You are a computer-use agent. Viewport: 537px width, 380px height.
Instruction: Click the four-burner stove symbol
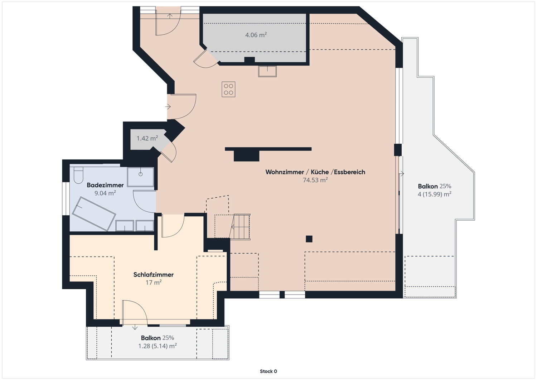[228, 90]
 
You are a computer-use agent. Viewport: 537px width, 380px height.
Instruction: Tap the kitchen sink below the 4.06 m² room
[267, 71]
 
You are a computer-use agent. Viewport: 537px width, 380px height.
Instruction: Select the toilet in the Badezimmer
[78, 175]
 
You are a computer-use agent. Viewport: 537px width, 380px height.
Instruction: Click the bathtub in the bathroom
[94, 214]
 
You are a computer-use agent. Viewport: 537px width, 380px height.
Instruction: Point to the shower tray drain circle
[141, 174]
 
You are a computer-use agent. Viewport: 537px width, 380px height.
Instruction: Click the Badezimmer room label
[105, 185]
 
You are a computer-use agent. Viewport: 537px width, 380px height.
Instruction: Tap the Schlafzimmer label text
[153, 275]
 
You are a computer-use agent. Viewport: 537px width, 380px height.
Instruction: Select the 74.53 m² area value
[315, 180]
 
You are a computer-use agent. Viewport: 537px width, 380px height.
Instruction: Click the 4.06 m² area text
[256, 35]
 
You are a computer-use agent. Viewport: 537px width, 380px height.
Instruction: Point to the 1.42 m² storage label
[147, 138]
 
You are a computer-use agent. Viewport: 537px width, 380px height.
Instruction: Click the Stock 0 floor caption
[268, 371]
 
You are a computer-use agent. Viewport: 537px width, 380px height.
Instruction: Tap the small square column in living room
[309, 239]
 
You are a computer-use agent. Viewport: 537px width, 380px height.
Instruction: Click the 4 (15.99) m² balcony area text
[434, 194]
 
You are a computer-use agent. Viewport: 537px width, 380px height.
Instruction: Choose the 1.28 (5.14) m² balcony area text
[157, 346]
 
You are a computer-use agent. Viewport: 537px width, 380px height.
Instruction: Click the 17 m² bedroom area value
[153, 283]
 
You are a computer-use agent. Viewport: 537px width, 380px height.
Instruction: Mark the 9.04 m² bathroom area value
[105, 193]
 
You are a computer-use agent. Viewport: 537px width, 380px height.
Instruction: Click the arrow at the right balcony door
[402, 174]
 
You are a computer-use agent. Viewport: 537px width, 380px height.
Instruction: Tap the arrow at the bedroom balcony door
[135, 327]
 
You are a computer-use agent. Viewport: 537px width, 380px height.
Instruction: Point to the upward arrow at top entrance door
[170, 16]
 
